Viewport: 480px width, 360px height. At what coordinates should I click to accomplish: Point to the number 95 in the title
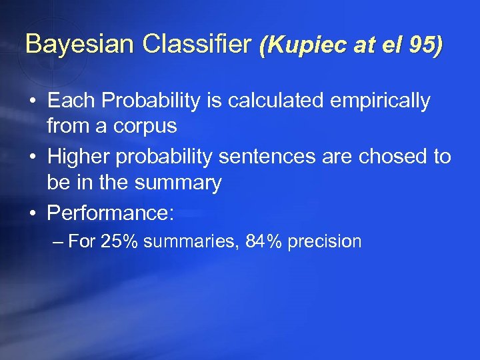click(423, 45)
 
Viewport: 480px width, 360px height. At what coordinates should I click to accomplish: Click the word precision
click(325, 241)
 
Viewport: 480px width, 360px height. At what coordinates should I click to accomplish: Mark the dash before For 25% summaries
click(58, 241)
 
